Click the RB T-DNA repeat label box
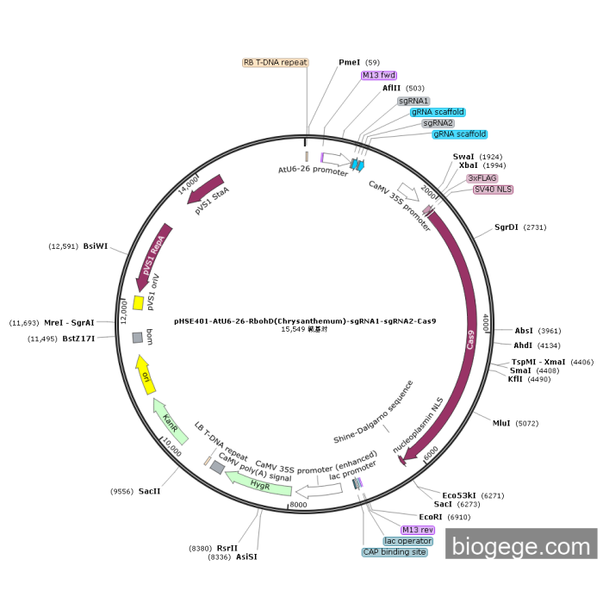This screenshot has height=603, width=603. click(275, 62)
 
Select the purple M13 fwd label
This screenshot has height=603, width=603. click(378, 75)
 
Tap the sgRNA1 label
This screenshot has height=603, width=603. click(413, 101)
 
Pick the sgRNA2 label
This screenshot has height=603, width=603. click(438, 123)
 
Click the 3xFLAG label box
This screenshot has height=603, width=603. click(482, 177)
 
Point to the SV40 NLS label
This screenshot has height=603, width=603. click(493, 189)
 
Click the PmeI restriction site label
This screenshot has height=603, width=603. click(349, 62)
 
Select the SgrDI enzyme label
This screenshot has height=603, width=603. click(507, 227)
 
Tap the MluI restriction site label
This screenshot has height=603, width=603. click(501, 423)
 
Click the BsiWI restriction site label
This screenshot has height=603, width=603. click(96, 246)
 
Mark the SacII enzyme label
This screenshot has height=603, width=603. click(149, 491)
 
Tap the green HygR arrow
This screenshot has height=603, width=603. click(258, 487)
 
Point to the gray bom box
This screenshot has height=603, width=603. click(137, 338)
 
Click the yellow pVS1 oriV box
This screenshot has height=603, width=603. click(138, 303)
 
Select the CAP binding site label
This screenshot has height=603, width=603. click(395, 552)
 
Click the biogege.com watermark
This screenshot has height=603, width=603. click(521, 546)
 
